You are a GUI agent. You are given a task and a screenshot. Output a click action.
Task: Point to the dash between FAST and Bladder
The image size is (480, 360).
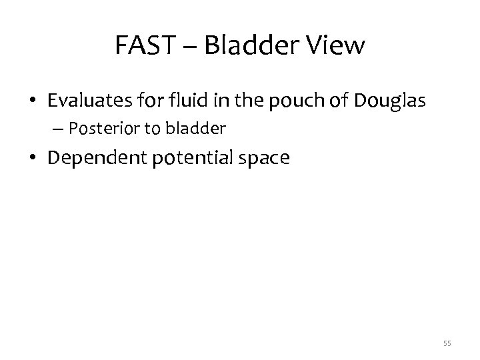pos(189,47)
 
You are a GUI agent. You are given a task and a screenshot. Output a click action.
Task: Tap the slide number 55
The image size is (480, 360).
pos(447,343)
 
